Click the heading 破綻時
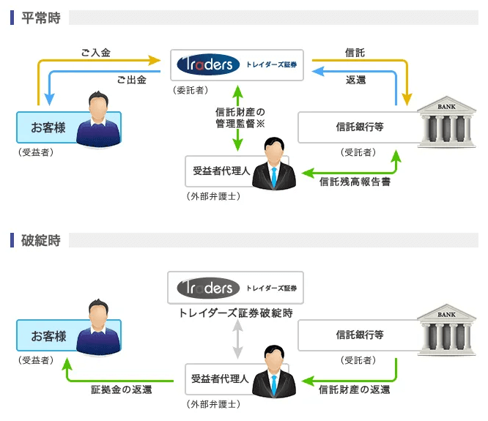40,239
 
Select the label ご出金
131,80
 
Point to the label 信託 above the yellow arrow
355,53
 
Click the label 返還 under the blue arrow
356,80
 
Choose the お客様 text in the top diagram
48,127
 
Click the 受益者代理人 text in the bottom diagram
220,379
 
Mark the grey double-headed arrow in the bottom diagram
236,340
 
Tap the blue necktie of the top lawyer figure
273,176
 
